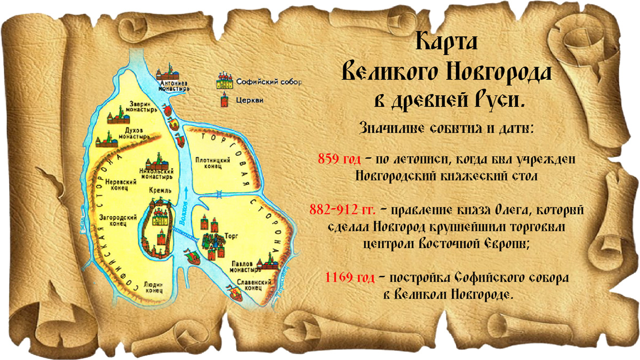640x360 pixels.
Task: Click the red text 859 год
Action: point(339,159)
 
